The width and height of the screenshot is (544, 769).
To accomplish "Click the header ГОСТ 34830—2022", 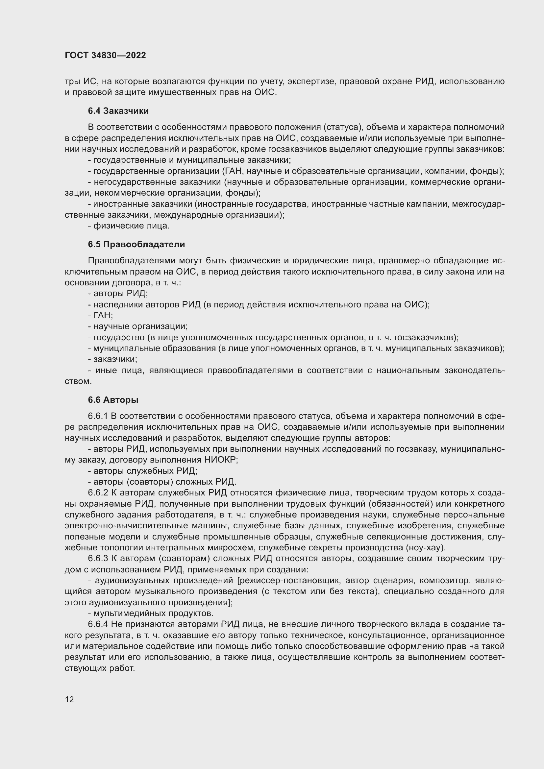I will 105,55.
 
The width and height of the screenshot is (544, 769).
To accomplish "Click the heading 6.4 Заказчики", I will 118,111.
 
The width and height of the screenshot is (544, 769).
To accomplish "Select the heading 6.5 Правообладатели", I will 136,244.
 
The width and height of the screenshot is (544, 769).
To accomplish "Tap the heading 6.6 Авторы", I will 113,399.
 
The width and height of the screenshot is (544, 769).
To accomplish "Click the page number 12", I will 69,699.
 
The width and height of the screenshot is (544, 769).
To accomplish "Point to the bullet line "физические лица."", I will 129,226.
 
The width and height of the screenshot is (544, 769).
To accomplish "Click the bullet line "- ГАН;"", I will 101,315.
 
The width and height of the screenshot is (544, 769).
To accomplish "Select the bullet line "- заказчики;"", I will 112,359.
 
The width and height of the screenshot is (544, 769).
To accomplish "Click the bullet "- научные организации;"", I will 138,326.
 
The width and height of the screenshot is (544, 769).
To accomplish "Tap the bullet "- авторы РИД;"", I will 117,293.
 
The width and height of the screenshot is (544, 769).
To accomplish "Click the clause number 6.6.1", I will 98,416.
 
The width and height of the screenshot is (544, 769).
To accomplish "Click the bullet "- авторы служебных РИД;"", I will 143,470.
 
